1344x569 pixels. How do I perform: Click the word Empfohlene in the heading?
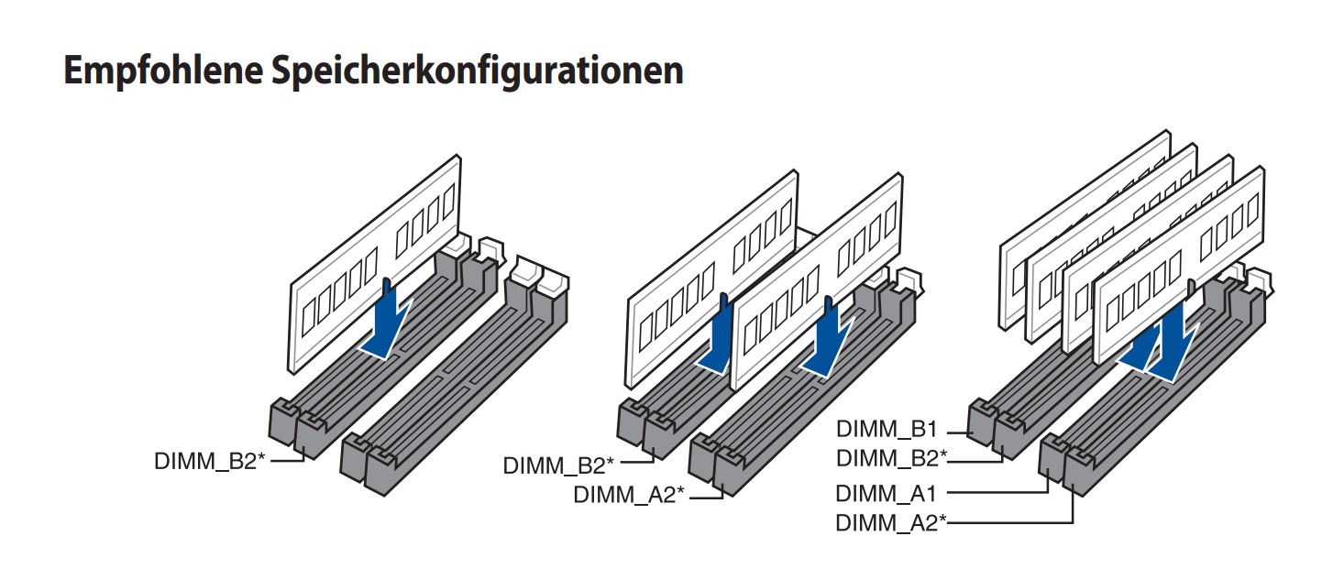[x=163, y=71]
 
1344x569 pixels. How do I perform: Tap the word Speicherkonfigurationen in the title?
[x=478, y=71]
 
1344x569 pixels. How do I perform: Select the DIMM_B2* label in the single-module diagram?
[x=209, y=461]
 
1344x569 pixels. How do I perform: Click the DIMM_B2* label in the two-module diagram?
[x=558, y=465]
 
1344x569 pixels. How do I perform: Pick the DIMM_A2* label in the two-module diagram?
[x=629, y=495]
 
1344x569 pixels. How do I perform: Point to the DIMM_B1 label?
[x=887, y=430]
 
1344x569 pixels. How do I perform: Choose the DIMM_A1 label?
[x=886, y=494]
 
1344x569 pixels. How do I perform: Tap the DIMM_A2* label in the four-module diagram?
[x=891, y=523]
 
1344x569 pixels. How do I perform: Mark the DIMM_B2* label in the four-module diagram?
[x=892, y=458]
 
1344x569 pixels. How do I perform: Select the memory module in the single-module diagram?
[x=375, y=264]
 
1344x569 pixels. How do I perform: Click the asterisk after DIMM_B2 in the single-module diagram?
[x=261, y=457]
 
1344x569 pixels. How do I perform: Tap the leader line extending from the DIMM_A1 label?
[x=998, y=485]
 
